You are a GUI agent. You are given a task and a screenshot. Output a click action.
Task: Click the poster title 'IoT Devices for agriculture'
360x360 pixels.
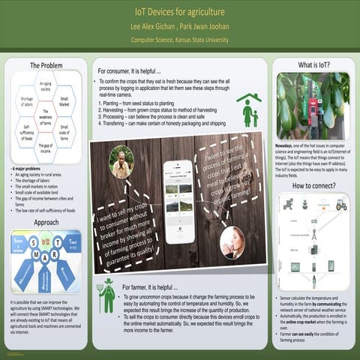click(179, 12)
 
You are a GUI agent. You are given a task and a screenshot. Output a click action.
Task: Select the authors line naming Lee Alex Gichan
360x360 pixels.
click(179, 26)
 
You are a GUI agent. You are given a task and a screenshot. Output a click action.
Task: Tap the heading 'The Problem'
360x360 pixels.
click(46, 66)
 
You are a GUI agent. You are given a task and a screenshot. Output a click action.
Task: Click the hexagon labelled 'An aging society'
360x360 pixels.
click(45, 87)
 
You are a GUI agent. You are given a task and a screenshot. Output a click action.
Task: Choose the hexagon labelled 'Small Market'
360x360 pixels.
click(64, 102)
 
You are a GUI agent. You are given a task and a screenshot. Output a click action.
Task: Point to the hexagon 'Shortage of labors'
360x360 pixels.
click(26, 102)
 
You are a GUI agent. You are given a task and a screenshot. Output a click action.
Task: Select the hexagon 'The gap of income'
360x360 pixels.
click(45, 146)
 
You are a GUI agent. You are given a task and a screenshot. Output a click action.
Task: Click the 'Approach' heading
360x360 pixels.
click(46, 222)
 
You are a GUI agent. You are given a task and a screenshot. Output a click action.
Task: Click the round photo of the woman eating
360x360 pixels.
click(232, 241)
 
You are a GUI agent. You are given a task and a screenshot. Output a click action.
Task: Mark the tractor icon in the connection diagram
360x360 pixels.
click(341, 204)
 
